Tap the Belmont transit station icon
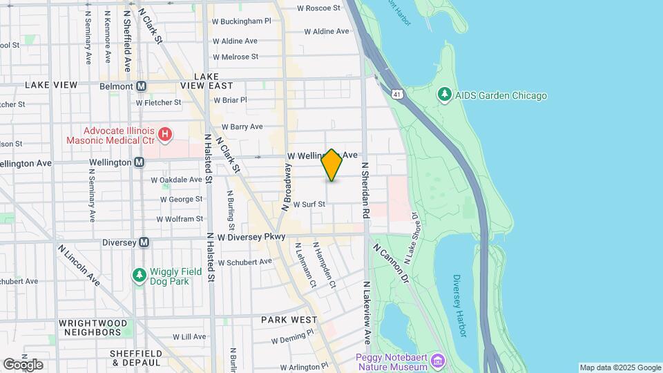pyautogui.click(x=142, y=86)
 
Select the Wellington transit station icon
pyautogui.click(x=140, y=162)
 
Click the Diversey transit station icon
pyautogui.click(x=144, y=242)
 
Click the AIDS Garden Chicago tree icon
pyautogui.click(x=445, y=95)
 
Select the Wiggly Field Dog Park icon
pyautogui.click(x=140, y=276)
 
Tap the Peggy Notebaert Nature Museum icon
pyautogui.click(x=438, y=361)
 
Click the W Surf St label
pyautogui.click(x=309, y=204)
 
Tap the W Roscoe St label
pyautogui.click(x=318, y=8)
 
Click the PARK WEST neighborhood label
pyautogui.click(x=289, y=320)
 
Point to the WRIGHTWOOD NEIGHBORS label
pyautogui.click(x=93, y=327)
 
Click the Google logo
pyautogui.click(x=23, y=364)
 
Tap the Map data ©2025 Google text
pyautogui.click(x=619, y=367)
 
